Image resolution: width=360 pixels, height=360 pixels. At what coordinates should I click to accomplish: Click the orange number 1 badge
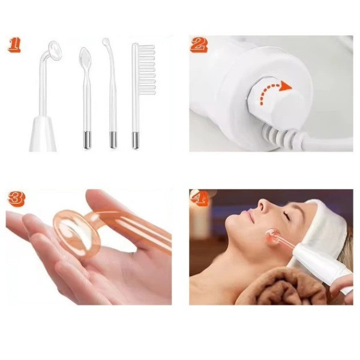(x=14, y=45)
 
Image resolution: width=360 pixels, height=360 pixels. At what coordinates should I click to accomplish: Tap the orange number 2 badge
(x=199, y=45)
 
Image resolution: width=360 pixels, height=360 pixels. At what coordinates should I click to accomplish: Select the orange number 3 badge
(x=16, y=198)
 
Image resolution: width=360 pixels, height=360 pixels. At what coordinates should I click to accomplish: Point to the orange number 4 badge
(x=199, y=197)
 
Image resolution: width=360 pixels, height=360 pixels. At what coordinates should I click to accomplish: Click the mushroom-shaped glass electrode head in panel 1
(x=55, y=50)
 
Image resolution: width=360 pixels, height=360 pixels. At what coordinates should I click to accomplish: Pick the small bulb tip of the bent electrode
(x=106, y=41)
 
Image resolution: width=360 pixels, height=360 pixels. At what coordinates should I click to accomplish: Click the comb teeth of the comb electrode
(x=147, y=70)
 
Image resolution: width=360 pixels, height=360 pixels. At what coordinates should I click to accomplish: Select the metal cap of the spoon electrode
(x=87, y=140)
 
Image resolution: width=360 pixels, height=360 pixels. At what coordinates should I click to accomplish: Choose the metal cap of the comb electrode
(x=136, y=140)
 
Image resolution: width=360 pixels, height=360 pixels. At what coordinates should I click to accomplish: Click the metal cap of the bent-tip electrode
(x=113, y=140)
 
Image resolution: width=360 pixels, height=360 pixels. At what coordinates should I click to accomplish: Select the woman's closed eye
(x=287, y=215)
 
